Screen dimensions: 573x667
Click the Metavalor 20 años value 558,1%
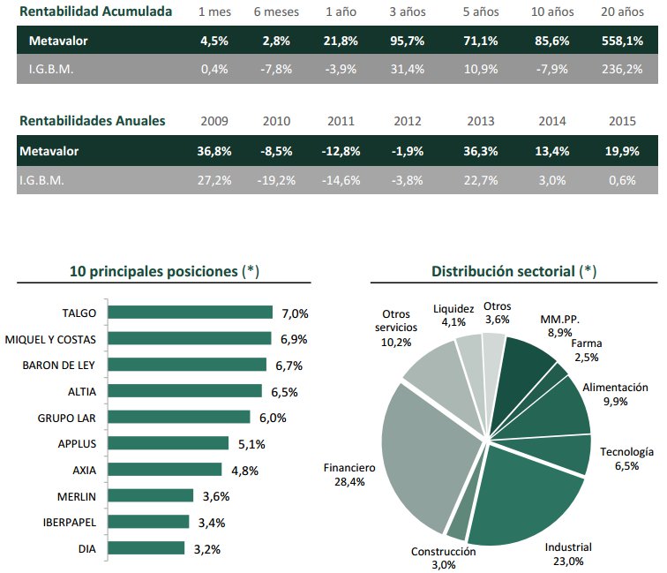click(623, 41)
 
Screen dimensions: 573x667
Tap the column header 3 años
click(406, 12)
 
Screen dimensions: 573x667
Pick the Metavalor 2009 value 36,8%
click(214, 151)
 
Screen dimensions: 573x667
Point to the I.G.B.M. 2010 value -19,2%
click(276, 180)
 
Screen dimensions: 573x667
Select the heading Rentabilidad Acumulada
click(95, 12)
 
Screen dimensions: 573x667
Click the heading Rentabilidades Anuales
click(92, 122)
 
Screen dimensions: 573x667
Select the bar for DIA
click(146, 549)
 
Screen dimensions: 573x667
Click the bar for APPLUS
click(168, 444)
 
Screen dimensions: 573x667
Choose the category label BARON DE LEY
click(59, 366)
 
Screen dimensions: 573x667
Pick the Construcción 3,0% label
click(443, 558)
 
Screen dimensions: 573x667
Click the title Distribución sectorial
click(513, 271)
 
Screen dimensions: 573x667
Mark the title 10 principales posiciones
click(164, 271)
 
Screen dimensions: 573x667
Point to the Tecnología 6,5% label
click(626, 458)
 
